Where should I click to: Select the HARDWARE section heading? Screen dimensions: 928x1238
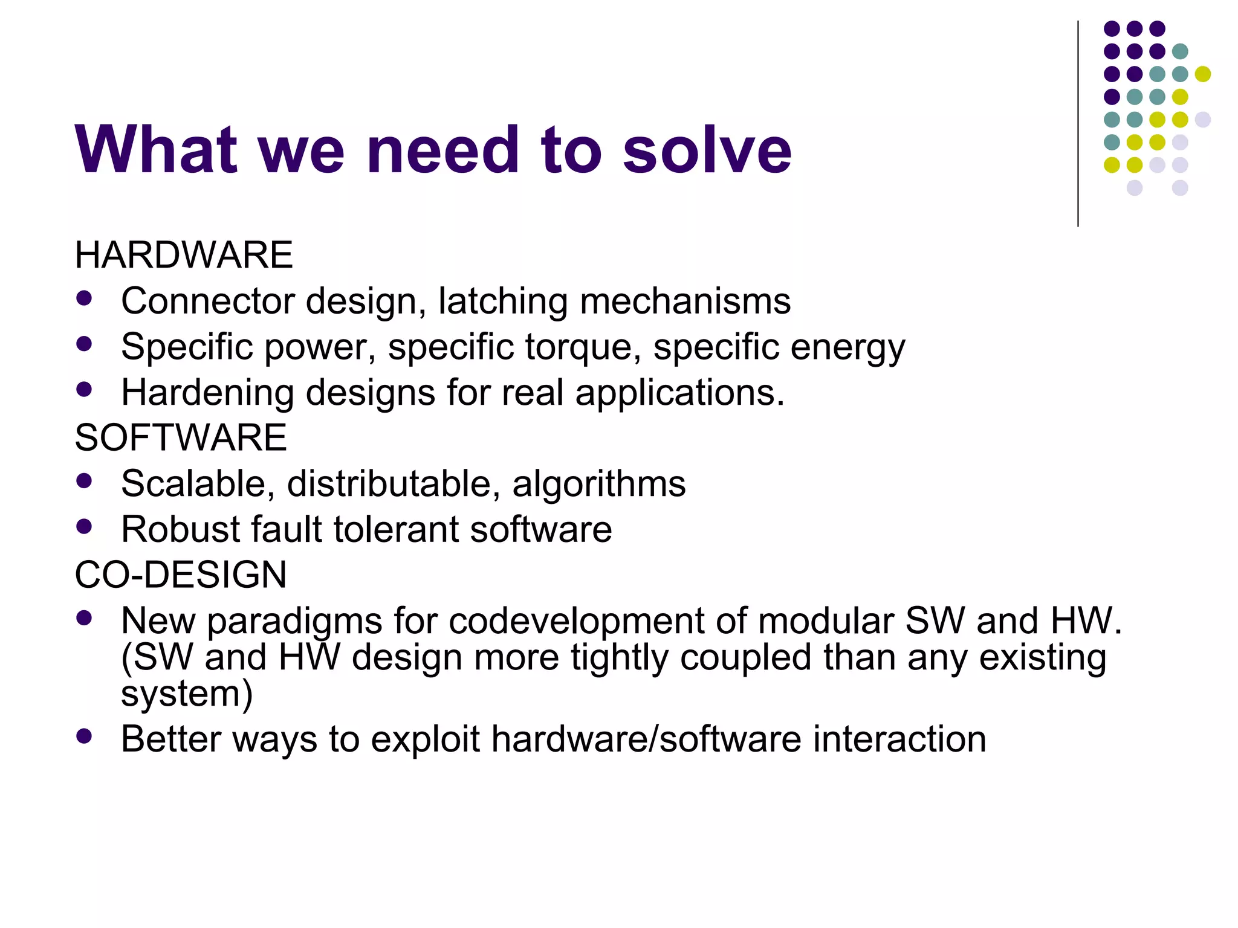coord(184,255)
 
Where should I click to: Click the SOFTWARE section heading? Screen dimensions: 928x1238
coord(181,437)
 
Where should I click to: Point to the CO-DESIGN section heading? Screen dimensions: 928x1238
coord(181,575)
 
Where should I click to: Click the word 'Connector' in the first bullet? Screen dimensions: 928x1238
coord(208,301)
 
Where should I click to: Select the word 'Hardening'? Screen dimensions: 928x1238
coord(208,393)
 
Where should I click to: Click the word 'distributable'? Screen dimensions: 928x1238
coord(394,484)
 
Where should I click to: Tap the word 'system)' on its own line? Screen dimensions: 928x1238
coord(187,694)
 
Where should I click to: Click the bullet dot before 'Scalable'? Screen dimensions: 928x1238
coord(85,481)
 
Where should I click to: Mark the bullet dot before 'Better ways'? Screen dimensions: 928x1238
coord(85,736)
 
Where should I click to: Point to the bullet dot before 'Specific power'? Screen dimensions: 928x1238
coord(85,344)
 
